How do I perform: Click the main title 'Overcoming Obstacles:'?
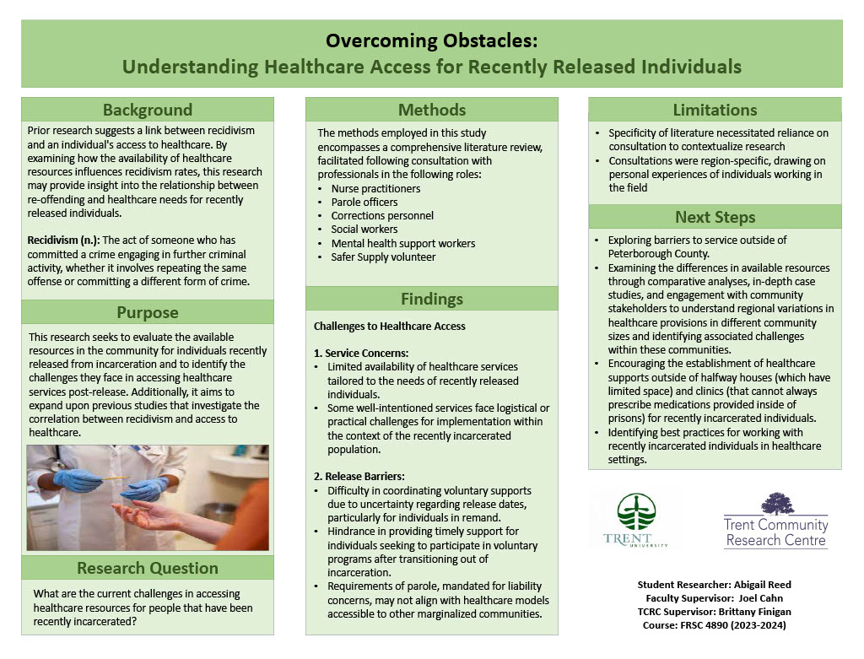[x=431, y=41]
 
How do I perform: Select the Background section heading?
[x=148, y=110]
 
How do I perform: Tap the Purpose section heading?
[x=148, y=312]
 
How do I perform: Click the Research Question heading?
[x=148, y=568]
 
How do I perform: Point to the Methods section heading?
[x=431, y=110]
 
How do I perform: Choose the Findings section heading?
[x=431, y=299]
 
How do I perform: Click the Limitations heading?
[x=715, y=110]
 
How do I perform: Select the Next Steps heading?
[x=715, y=217]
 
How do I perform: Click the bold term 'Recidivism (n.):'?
[x=62, y=240]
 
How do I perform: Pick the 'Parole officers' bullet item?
[x=364, y=203]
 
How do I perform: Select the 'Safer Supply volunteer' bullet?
[x=383, y=257]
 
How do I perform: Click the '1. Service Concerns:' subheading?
[x=361, y=353]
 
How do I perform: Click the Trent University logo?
[x=635, y=521]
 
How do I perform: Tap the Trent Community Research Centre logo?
[x=775, y=521]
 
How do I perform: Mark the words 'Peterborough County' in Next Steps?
[x=657, y=254]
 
